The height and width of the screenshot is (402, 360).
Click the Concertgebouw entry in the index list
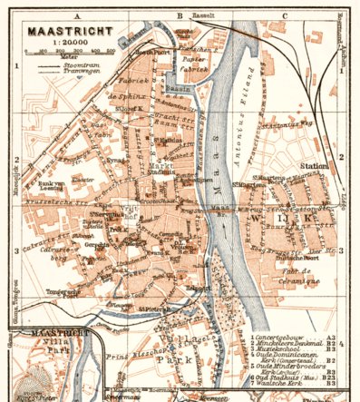pyautogui.click(x=284, y=335)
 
